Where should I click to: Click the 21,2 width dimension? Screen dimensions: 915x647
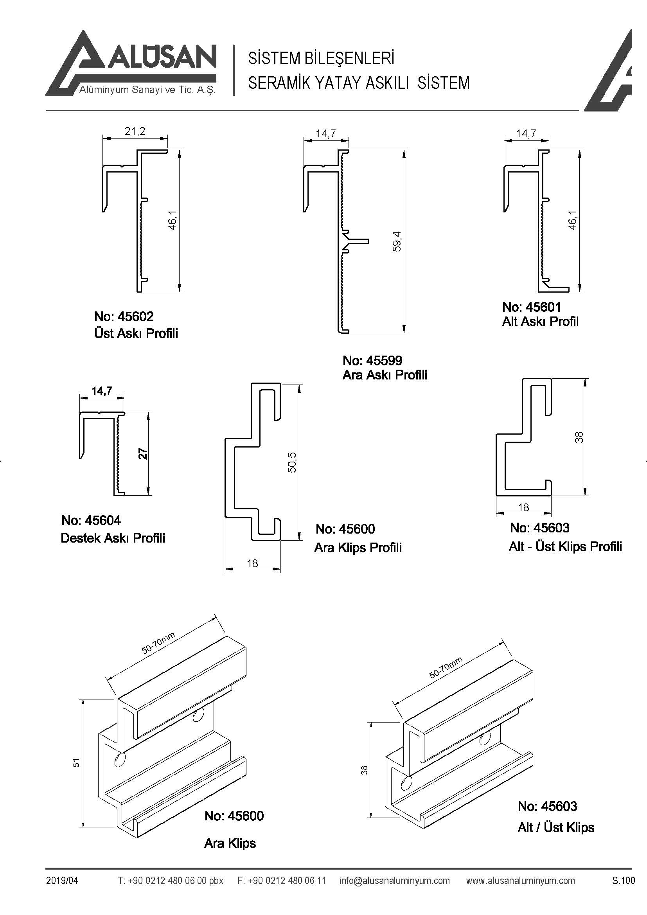[x=135, y=131]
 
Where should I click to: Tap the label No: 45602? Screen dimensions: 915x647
[x=124, y=316]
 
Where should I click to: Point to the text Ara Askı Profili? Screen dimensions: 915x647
[x=385, y=375]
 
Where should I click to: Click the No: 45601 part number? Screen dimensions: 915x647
[x=532, y=307]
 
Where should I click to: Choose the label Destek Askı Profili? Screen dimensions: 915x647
[x=113, y=538]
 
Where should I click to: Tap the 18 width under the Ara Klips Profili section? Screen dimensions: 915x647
[x=252, y=563]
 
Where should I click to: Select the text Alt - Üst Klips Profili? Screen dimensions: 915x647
[x=565, y=546]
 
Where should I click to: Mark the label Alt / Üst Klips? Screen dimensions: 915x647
[x=556, y=828]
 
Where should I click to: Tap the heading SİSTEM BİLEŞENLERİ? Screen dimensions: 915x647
[x=321, y=58]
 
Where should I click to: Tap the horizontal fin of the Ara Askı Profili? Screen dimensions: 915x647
[x=360, y=241]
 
